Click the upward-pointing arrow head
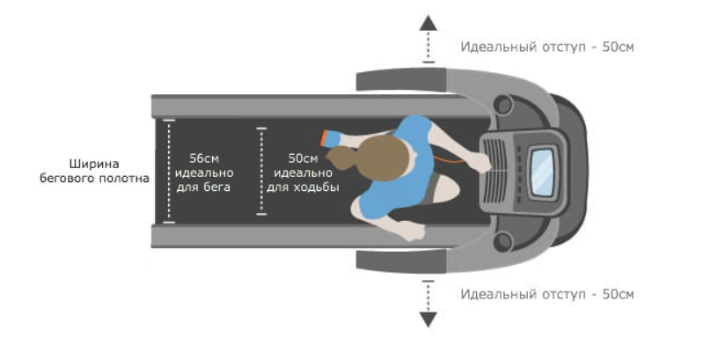pos(428,24)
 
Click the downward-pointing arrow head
pos(428,320)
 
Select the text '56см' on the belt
pos(204,158)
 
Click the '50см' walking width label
pos(303,158)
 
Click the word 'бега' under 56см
pos(204,187)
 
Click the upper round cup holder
pos(504,105)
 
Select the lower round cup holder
pos(504,239)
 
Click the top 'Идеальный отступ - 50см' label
pos(546,47)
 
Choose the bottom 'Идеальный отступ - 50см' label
pos(546,294)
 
